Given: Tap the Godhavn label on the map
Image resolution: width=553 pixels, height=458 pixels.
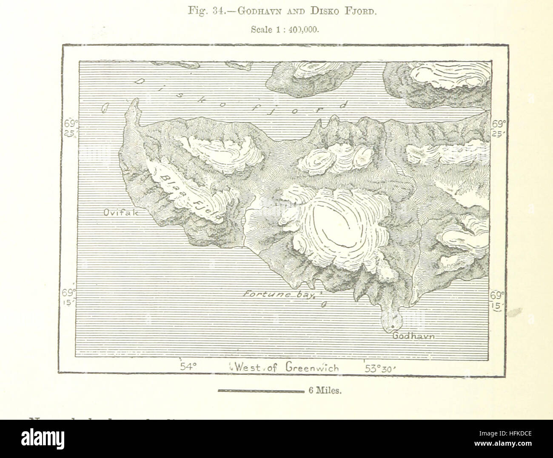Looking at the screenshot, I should click(415, 336).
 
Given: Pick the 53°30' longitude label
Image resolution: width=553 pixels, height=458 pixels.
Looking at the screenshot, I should click(380, 368).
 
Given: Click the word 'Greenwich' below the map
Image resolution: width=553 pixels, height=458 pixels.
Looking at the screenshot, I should click(313, 368).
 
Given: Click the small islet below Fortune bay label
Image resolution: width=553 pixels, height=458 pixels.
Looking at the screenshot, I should click(324, 304).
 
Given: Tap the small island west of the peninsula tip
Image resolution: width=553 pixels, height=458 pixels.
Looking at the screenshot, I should click(104, 109).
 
